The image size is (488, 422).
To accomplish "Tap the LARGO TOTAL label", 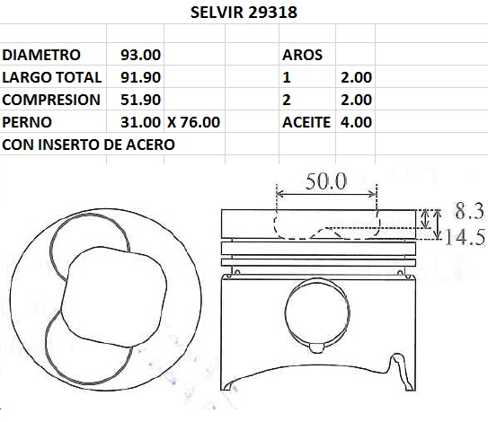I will click(52, 78).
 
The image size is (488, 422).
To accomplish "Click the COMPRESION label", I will click(52, 100).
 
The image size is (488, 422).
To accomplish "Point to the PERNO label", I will click(32, 121).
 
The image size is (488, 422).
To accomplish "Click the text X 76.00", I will click(193, 121).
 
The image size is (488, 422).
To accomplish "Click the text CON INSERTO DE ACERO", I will click(89, 144).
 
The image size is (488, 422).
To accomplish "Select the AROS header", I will click(302, 56).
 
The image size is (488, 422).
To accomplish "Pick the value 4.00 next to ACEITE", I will click(357, 121).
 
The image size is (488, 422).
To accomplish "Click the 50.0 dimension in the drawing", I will click(325, 182).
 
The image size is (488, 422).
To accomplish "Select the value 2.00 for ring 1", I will click(357, 78).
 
